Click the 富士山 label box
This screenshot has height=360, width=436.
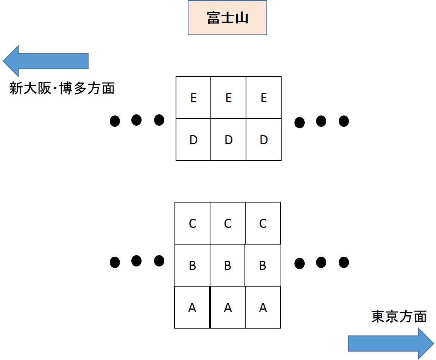pos(227,18)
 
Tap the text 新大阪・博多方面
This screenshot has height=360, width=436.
pos(62,89)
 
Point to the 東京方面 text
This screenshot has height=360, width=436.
pos(399,316)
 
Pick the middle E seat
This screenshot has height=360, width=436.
pos(228,98)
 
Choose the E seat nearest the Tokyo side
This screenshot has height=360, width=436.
pos(263,98)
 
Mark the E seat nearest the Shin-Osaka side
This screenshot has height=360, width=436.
pos(193,98)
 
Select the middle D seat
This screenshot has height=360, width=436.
pos(228,140)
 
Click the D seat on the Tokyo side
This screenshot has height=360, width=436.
pos(263,140)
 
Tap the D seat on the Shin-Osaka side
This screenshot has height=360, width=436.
pos(193,140)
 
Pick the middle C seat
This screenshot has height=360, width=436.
pos(227,223)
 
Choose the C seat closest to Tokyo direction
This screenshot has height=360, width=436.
pos(263,223)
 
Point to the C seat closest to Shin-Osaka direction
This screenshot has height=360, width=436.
pos(192,223)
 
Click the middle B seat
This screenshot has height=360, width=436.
pos(227,265)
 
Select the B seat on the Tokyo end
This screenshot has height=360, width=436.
pos(263,265)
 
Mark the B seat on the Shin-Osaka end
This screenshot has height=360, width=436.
pos(192,265)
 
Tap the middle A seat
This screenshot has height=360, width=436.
pos(227,307)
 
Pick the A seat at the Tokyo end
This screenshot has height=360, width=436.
pos(263,307)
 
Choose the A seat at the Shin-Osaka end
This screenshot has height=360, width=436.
pos(192,307)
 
